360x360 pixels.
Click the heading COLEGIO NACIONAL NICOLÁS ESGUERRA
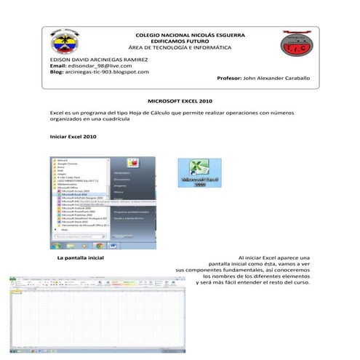click(x=191, y=35)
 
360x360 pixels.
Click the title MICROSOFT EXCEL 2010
click(x=180, y=102)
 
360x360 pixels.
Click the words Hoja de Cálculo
click(x=187, y=113)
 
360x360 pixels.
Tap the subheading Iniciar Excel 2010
click(x=73, y=137)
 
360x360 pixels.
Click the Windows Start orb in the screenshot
click(x=56, y=245)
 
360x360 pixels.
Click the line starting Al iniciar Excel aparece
click(x=273, y=258)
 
